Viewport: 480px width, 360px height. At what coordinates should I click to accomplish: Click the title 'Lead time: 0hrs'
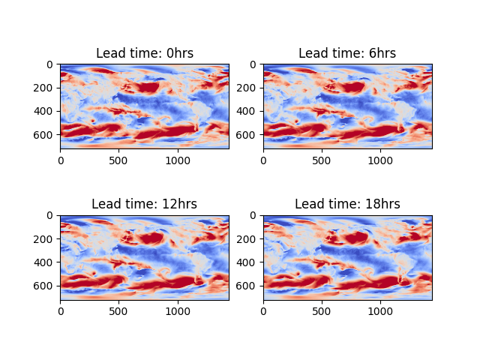(x=145, y=53)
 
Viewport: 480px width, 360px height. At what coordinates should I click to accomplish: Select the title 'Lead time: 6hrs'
(x=347, y=53)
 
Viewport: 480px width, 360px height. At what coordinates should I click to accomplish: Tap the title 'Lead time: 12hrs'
(x=145, y=204)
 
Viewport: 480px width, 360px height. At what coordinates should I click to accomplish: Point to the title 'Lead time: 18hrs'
(x=347, y=204)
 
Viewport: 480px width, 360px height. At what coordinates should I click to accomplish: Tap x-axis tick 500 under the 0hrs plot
(x=119, y=160)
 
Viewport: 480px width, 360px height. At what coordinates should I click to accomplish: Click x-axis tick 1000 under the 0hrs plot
(x=178, y=160)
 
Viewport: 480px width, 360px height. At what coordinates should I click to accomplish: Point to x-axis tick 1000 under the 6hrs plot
(x=380, y=160)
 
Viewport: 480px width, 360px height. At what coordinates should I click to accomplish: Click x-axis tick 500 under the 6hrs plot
(x=322, y=160)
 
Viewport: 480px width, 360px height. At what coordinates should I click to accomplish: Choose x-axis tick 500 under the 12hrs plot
(x=119, y=310)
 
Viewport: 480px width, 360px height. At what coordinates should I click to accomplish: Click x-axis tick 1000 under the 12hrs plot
(x=178, y=310)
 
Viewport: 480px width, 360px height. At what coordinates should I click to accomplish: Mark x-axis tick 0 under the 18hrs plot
(x=263, y=310)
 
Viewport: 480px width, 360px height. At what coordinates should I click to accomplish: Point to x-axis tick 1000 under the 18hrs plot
(x=380, y=310)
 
